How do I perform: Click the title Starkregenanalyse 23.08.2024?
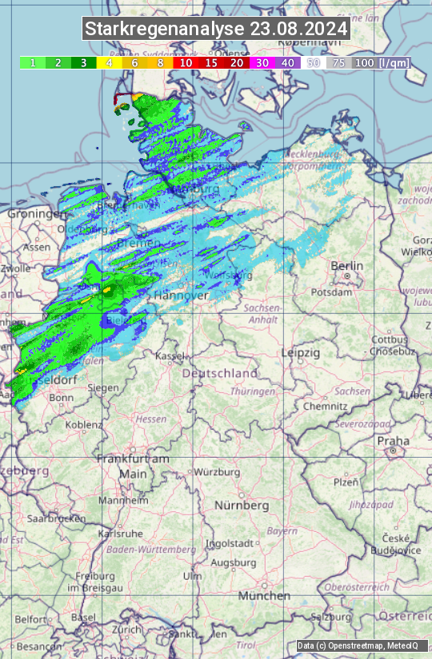216,30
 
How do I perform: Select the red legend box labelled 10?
186,62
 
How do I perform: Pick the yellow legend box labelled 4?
109,62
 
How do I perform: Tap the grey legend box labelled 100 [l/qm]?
381,62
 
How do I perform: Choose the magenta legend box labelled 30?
262,62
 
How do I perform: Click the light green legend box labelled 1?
32,62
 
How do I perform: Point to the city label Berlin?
346,266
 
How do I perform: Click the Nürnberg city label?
242,506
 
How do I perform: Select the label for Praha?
393,441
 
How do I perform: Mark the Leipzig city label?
301,352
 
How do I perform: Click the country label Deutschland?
220,373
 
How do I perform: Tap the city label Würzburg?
217,472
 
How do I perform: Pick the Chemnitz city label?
319,406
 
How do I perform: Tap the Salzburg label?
331,617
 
